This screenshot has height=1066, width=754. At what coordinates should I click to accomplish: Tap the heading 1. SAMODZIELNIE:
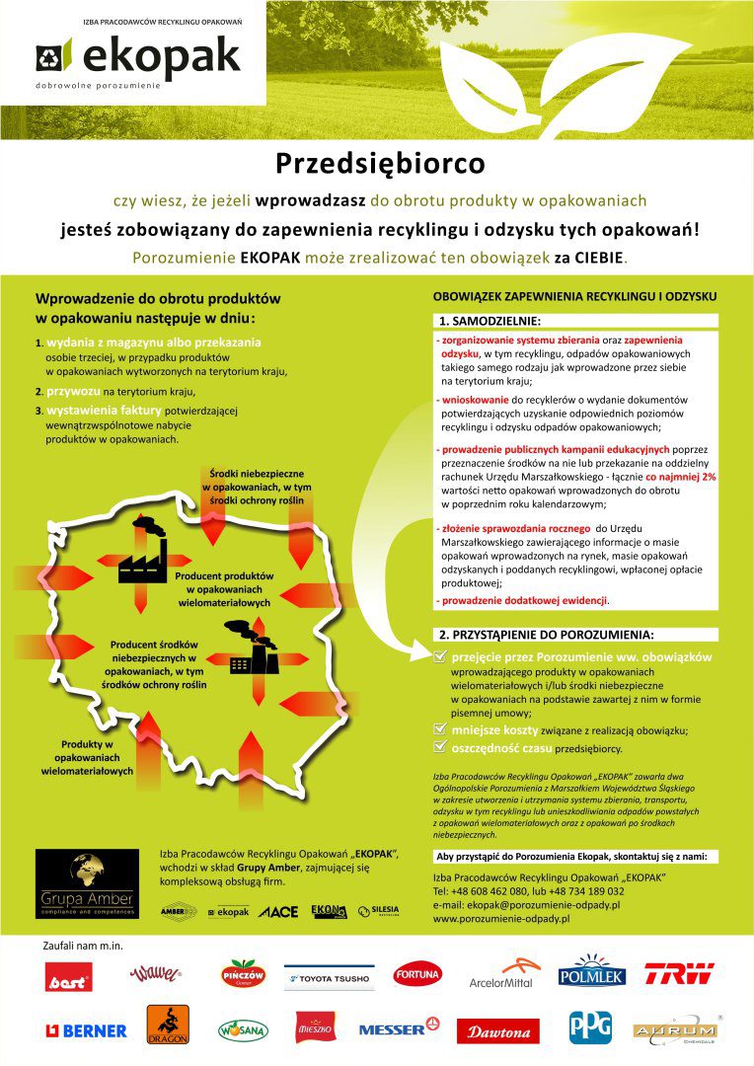point(490,321)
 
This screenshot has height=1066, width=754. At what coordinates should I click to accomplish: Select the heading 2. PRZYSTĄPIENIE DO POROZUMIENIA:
point(547,634)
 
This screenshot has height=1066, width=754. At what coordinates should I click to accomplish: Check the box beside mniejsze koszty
point(440,729)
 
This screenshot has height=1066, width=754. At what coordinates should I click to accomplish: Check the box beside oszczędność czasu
point(440,748)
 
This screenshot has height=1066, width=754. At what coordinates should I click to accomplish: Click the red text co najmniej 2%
point(681,476)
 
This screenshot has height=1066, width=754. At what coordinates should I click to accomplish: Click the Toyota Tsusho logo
point(329,977)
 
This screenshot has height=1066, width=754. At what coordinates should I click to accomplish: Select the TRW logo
point(679,974)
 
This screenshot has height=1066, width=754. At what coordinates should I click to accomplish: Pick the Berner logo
point(87,1030)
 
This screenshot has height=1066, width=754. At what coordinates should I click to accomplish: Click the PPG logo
point(590,1028)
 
